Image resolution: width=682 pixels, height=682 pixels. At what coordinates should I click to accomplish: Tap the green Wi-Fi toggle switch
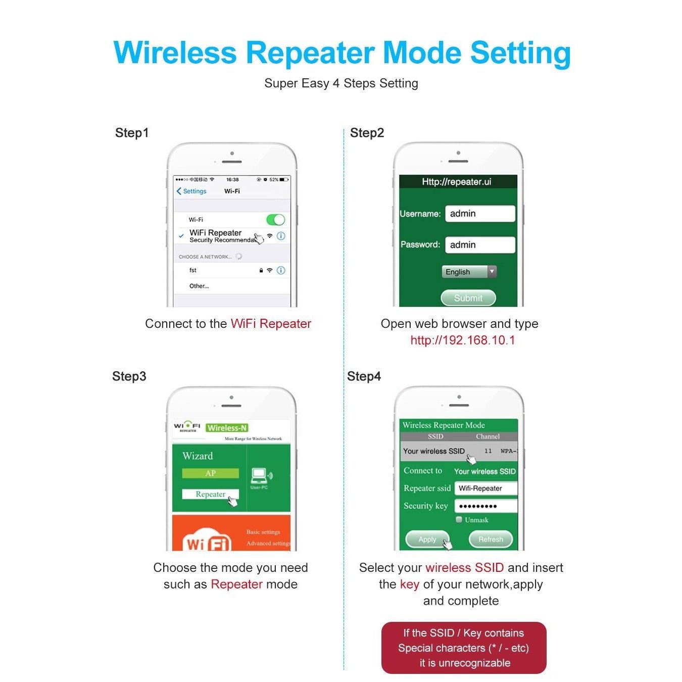pos(275,220)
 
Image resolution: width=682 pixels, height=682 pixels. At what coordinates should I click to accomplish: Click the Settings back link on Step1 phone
pos(191,191)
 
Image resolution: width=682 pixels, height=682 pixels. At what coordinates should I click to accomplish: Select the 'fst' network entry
pos(193,270)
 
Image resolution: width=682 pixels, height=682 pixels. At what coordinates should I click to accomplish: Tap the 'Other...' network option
pos(199,286)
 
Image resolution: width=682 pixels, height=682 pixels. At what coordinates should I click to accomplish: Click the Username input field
pos(479,214)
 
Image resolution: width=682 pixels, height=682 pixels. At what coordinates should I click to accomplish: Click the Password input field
pos(479,245)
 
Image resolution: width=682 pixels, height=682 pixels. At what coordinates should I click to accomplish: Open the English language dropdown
pos(468,272)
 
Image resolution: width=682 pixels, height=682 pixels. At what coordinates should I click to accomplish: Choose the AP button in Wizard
pos(210,473)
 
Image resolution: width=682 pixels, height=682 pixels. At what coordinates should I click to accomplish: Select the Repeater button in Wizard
pos(210,494)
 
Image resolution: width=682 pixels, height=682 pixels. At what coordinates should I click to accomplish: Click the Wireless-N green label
pos(227,428)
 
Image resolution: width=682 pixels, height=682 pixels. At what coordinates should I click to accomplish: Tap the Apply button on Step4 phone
pos(427,540)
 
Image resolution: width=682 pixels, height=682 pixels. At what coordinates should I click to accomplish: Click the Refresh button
pos(491,540)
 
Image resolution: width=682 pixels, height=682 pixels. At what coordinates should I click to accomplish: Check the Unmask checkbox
pos(459,519)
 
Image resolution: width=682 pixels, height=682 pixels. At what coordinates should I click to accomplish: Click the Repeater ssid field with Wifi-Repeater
pos(485,489)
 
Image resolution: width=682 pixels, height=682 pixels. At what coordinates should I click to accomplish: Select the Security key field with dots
pos(485,506)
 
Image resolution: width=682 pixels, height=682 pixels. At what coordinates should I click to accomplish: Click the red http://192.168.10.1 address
pos(462,340)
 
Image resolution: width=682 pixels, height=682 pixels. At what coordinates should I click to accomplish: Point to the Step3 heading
pos(129,376)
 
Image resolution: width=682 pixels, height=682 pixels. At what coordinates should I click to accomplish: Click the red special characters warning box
pos(463,648)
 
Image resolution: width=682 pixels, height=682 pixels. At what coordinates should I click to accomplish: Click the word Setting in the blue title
pos(520,53)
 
